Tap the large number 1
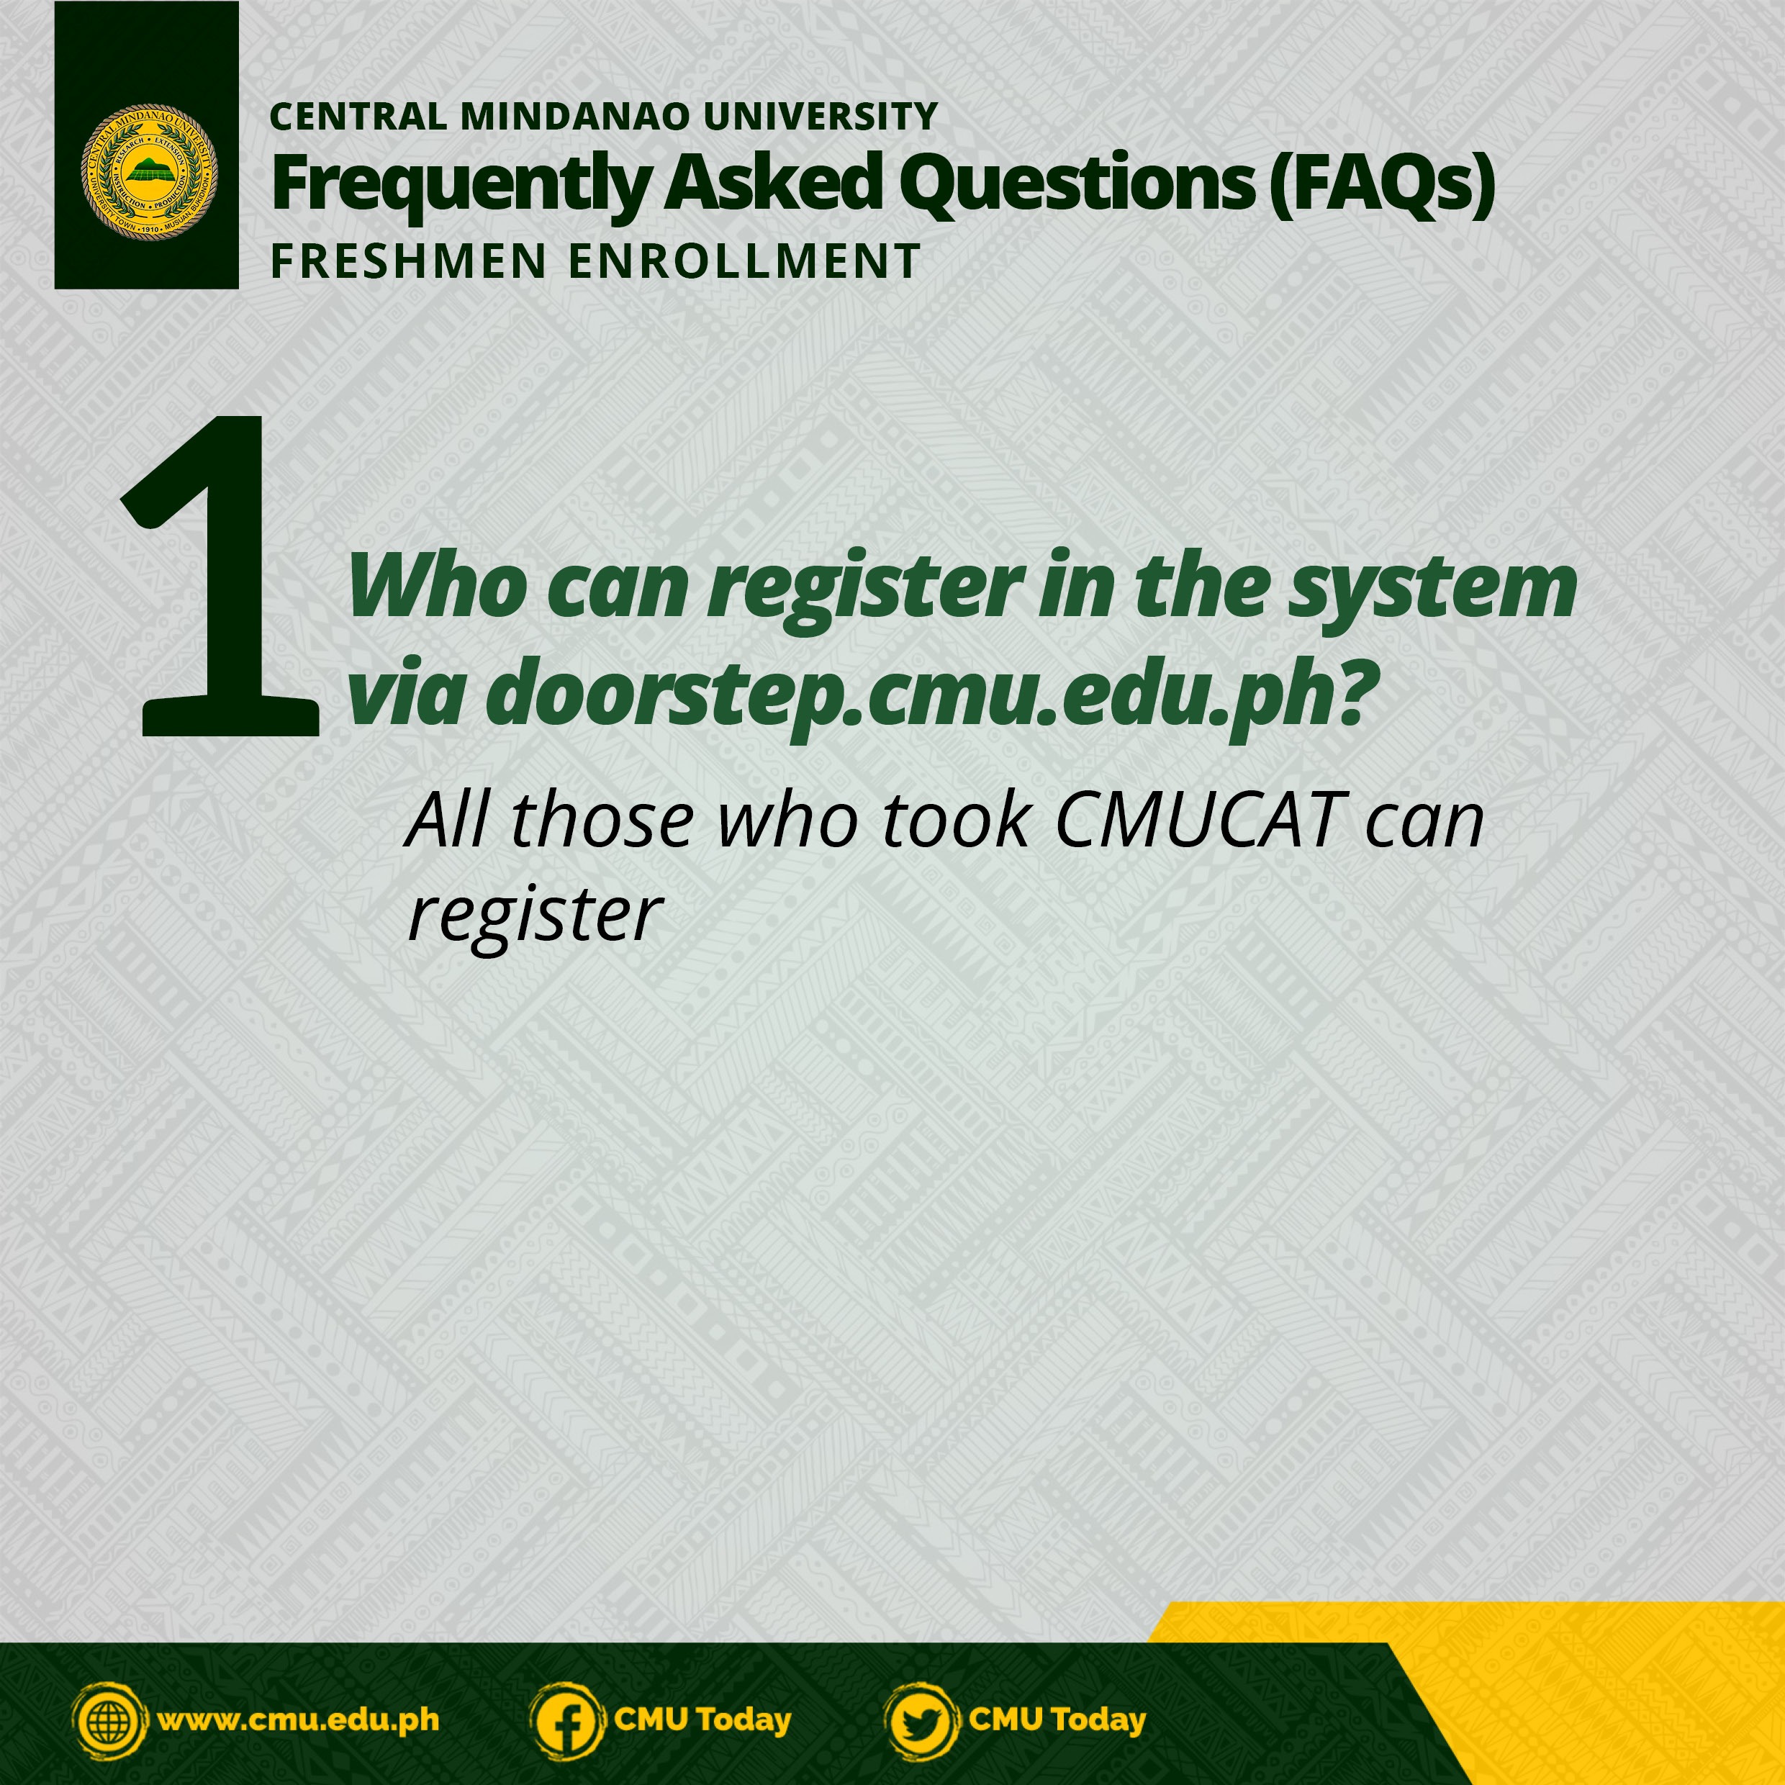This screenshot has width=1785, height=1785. coord(222,577)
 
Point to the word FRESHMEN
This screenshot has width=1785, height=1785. coord(408,261)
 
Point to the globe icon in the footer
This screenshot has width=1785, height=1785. coord(110,1720)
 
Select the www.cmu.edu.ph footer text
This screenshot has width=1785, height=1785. coord(299,1720)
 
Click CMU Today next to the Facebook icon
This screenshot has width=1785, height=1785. coord(702,1720)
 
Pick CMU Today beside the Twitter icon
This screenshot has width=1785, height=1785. coord(1057,1720)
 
